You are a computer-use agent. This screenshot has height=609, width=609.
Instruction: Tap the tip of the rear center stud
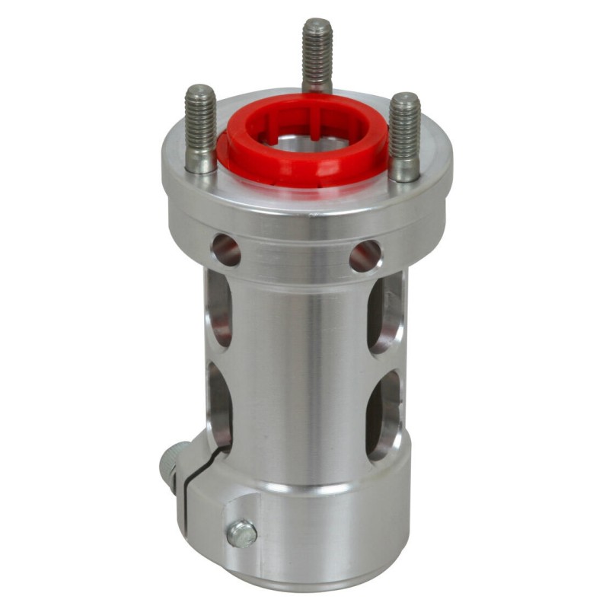[317, 23]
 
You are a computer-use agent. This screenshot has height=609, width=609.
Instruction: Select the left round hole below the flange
[225, 250]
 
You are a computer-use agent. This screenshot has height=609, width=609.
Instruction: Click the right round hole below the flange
[365, 256]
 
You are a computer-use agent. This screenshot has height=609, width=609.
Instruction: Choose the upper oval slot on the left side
[218, 308]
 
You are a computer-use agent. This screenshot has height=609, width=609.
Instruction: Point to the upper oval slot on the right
[385, 313]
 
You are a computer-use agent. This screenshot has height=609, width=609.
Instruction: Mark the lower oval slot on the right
[384, 415]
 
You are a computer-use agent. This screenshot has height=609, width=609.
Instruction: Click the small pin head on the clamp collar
[242, 534]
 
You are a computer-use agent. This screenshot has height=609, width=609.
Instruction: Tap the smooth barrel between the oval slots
[304, 365]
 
